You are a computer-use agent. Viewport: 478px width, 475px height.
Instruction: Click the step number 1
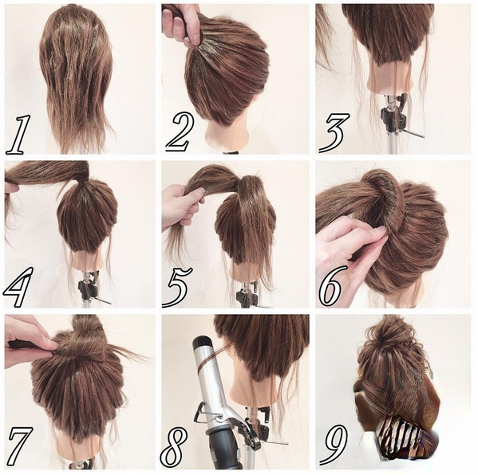pos(19,135)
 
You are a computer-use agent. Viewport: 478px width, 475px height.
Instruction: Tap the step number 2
pos(180,132)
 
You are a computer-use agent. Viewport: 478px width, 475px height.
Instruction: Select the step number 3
pos(334,133)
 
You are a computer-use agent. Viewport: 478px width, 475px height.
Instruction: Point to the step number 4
pos(18,288)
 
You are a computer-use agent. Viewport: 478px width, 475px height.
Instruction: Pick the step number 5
pos(177,288)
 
